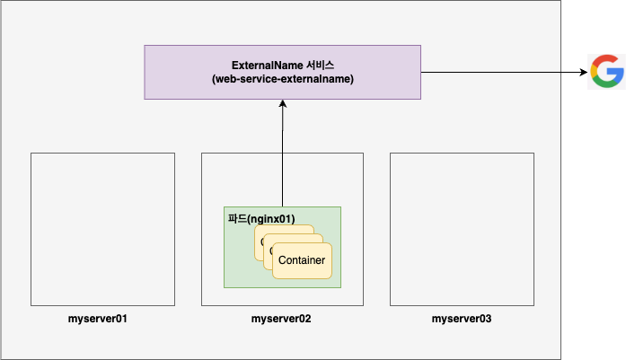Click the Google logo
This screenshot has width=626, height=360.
click(606, 72)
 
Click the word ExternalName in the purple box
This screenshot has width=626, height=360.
click(267, 66)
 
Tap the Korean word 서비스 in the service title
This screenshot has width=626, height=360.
click(319, 66)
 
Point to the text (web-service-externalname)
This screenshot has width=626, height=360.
click(282, 80)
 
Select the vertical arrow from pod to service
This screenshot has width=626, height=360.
click(282, 153)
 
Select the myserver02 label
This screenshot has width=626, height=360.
click(282, 319)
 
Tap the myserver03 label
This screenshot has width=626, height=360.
click(462, 319)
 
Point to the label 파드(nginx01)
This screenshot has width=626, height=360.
click(260, 217)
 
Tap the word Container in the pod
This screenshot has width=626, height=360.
click(303, 260)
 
